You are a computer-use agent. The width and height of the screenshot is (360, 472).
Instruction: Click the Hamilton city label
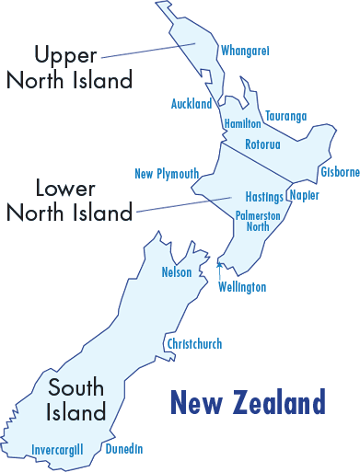[x=243, y=123]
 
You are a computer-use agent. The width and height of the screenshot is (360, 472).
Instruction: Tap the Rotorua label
[x=262, y=144]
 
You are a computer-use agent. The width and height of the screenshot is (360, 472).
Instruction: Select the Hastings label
[x=264, y=197]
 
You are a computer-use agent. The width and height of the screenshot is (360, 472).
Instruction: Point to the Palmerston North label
[x=258, y=220]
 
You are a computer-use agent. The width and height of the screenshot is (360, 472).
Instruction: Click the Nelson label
[x=176, y=272]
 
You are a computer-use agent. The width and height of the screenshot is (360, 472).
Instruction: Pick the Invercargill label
[x=57, y=449]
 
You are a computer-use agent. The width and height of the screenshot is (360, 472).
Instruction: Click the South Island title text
[x=77, y=398]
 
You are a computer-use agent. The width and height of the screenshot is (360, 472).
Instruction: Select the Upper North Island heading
[x=69, y=68]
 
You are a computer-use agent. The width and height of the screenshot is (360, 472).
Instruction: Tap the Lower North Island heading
[x=69, y=201]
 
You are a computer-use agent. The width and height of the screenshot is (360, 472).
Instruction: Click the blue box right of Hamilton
[x=285, y=116]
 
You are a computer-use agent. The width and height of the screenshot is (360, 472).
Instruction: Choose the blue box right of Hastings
[x=305, y=196]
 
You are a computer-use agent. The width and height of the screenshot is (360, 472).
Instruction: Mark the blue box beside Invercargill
[x=124, y=448]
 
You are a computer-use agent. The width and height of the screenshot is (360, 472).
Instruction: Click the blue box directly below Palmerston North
[x=242, y=287]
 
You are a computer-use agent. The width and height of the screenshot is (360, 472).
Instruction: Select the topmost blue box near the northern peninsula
[x=245, y=51]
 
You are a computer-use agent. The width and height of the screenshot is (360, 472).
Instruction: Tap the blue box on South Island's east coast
[x=194, y=343]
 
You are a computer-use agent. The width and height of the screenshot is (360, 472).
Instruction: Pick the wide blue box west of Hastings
[x=167, y=174]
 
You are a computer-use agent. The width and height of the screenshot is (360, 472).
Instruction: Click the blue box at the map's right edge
[x=341, y=171]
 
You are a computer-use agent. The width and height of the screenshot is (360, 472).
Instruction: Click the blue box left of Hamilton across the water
[x=192, y=103]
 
